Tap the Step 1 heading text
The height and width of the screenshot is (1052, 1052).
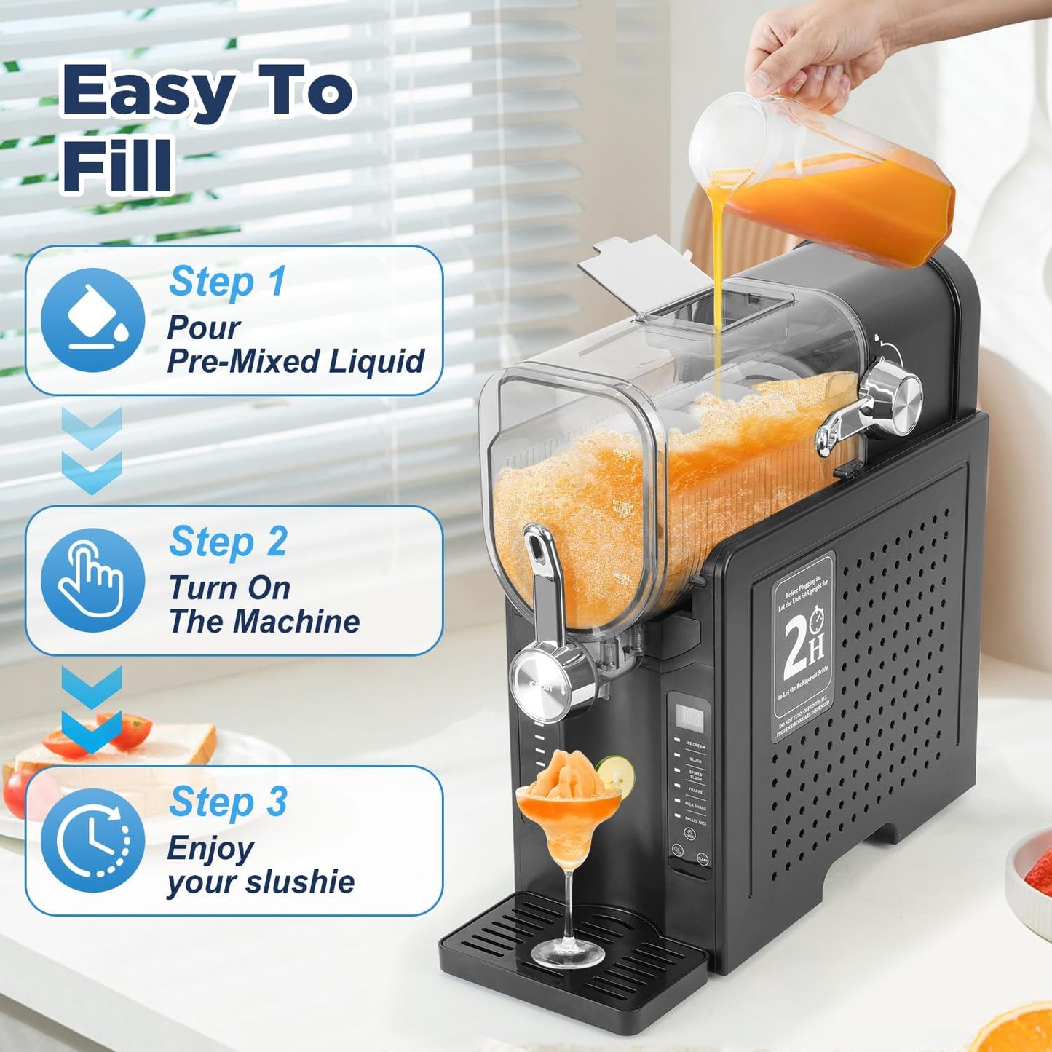227,282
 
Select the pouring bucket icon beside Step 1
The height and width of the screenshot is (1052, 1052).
92,320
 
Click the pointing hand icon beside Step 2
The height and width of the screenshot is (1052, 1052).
92,580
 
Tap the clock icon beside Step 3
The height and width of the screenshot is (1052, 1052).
92,840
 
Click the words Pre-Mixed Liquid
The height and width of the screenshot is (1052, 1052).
296,361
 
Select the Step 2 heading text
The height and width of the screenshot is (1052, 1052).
228,542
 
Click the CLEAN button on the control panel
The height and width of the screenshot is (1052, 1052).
702,860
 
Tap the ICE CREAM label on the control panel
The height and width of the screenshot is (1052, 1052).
695,746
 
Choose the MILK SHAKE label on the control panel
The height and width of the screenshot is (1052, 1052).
695,807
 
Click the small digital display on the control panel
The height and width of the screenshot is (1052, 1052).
689,718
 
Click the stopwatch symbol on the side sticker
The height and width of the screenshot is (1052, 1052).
816,620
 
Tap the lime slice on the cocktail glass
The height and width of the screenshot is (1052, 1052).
616,774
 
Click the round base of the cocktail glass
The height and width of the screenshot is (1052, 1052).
568,953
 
